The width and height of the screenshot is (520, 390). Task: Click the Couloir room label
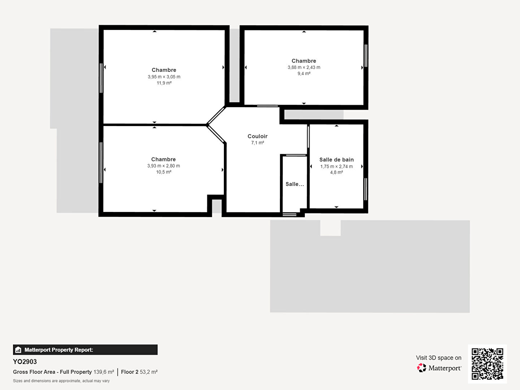(257, 136)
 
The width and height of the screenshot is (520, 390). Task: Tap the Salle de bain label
(337, 160)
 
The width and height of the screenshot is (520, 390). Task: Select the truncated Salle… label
(295, 184)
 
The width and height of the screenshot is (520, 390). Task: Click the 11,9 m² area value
(164, 83)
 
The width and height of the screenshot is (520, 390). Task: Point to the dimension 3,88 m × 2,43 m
(304, 67)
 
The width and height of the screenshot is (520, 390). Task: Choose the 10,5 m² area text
(164, 172)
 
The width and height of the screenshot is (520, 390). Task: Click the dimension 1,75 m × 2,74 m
(337, 166)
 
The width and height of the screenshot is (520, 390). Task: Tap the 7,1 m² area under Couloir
(257, 143)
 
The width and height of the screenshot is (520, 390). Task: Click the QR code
(487, 364)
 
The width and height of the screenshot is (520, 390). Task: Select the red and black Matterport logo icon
(421, 368)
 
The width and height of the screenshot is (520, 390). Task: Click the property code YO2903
(25, 362)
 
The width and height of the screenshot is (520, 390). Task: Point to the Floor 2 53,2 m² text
(139, 372)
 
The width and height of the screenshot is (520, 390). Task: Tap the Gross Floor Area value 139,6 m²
(104, 372)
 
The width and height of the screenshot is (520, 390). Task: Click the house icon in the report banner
(18, 350)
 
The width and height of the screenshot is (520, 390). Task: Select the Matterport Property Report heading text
(59, 350)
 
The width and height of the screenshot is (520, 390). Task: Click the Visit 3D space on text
(439, 358)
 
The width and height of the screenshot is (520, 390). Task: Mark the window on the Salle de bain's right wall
(365, 190)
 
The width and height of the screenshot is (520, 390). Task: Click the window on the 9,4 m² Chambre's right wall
(366, 56)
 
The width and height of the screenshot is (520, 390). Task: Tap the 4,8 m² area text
(337, 172)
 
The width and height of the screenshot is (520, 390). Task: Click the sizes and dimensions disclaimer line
(61, 381)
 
